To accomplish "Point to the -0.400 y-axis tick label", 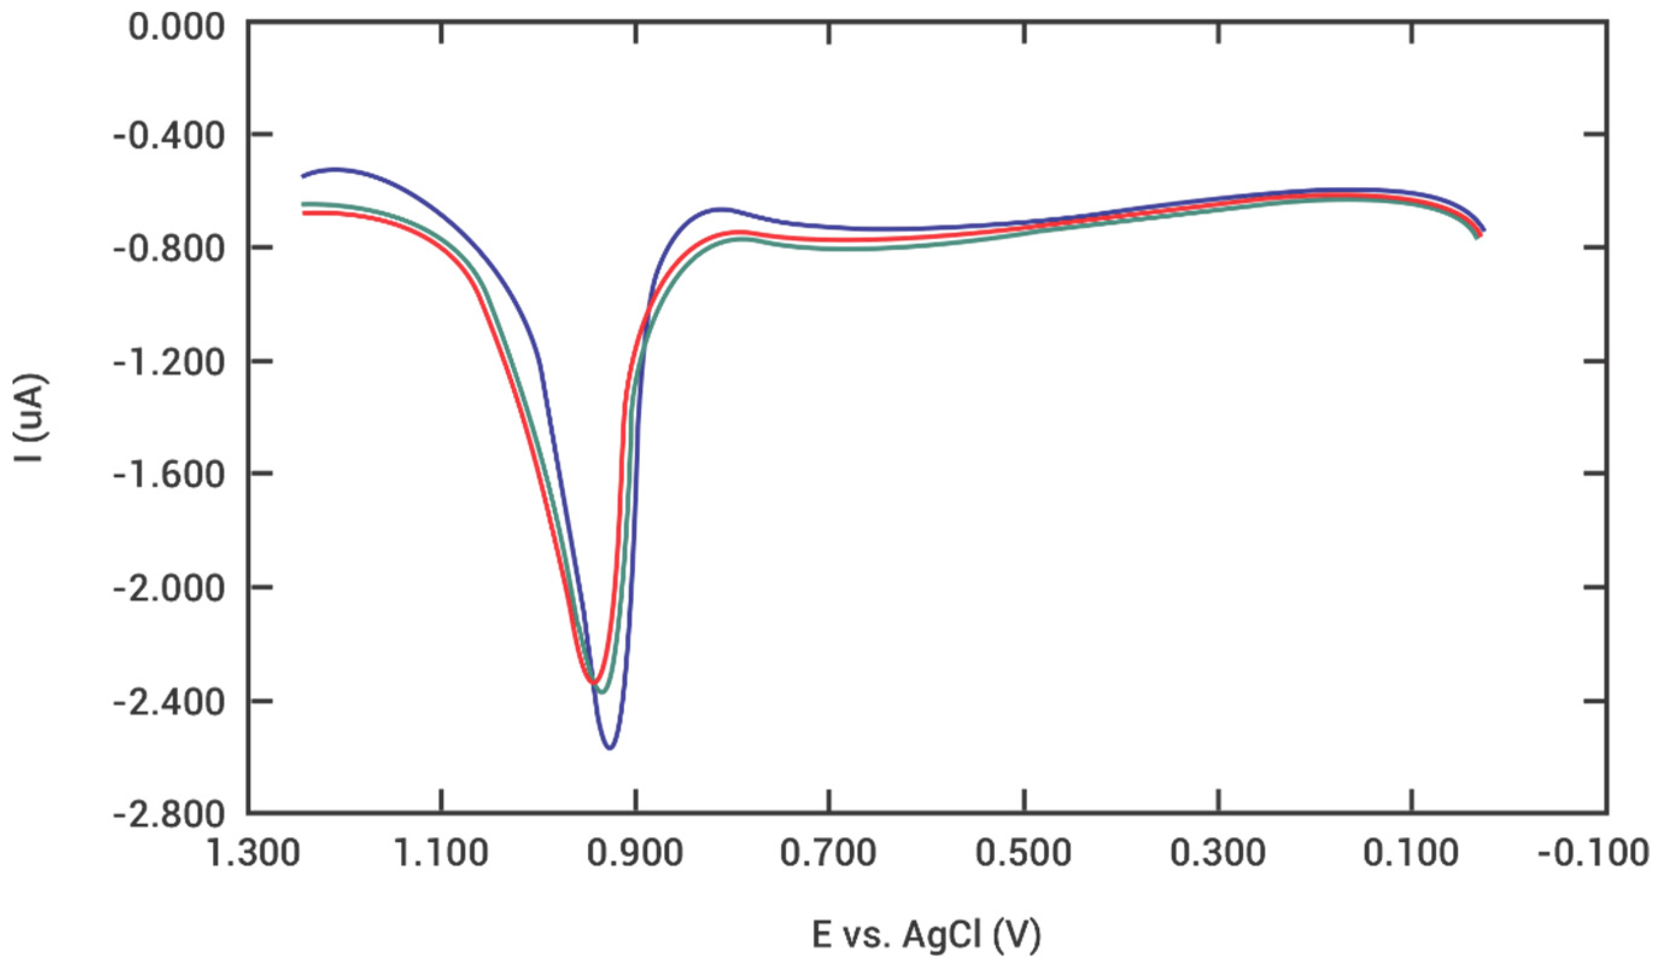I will tap(169, 135).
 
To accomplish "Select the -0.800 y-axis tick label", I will tap(169, 248).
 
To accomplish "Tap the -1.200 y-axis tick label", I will tap(169, 361).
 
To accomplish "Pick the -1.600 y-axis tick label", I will tap(169, 474).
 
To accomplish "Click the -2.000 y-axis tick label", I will tap(169, 587).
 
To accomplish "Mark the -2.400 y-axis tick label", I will tap(169, 701).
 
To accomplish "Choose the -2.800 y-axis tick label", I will tap(169, 814).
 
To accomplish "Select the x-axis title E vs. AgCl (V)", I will tap(926, 934).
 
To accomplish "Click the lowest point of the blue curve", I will tap(610, 748).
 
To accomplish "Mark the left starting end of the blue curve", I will tap(302, 176).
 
